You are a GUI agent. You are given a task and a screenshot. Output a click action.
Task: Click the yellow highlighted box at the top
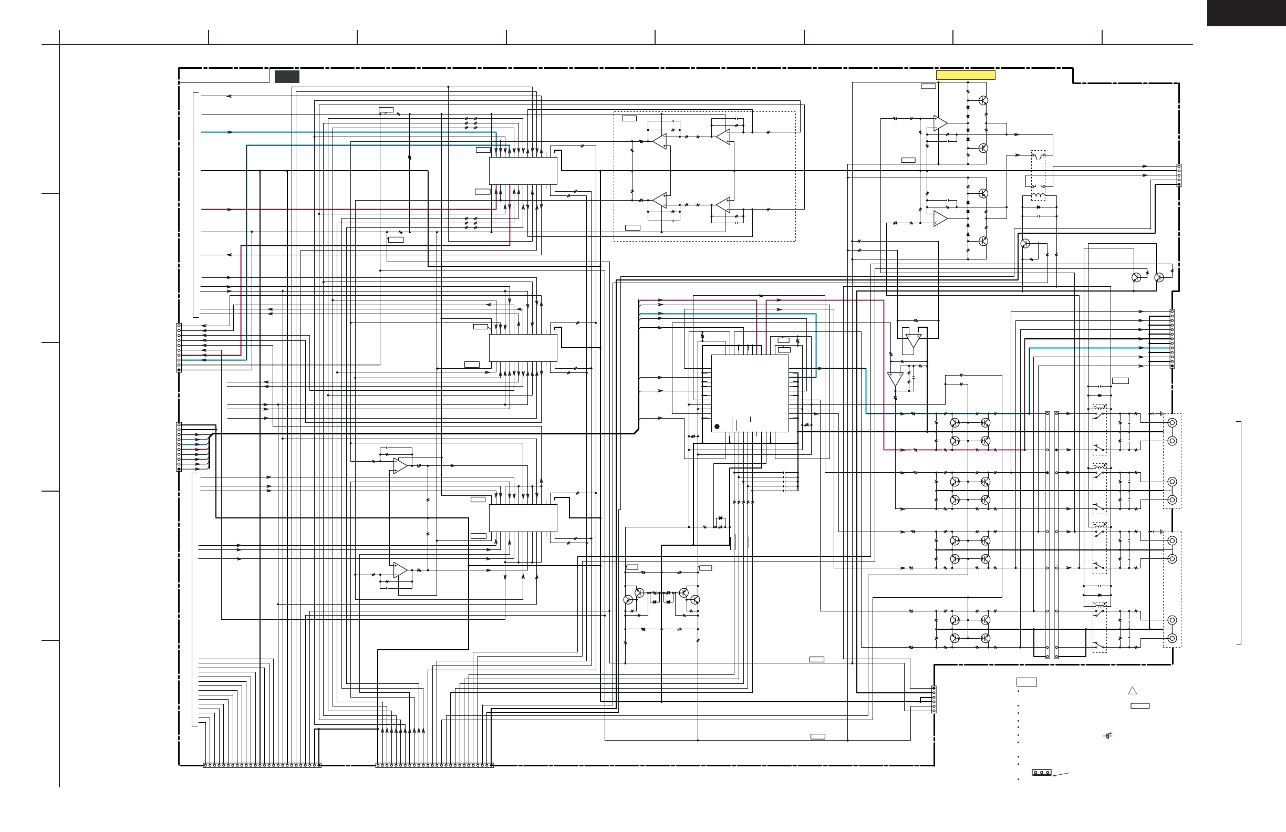point(965,75)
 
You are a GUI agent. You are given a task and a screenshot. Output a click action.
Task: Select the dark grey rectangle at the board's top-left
point(286,77)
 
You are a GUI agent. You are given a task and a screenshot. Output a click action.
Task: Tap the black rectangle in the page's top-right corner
point(1246,13)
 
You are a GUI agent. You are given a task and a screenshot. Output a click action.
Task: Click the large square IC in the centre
point(750,393)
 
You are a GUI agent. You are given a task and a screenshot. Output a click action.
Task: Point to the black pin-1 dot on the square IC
point(717,427)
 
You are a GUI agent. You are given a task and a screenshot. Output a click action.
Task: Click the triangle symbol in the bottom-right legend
point(1133,691)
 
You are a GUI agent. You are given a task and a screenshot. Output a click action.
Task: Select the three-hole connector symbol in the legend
point(1041,773)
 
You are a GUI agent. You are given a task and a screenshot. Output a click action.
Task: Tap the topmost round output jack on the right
point(1172,422)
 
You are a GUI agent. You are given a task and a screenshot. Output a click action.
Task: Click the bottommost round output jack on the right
point(1172,638)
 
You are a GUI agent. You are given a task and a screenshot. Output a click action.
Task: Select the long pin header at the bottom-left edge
point(262,765)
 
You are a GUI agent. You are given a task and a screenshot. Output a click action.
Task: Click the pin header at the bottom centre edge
point(434,765)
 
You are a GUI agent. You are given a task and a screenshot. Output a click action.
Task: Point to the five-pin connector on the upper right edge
point(1178,175)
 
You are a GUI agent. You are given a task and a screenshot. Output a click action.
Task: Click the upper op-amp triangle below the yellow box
point(940,123)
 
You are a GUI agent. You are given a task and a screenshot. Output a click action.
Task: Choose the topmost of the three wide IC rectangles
point(523,171)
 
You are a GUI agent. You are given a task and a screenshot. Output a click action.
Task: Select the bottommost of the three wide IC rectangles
point(523,518)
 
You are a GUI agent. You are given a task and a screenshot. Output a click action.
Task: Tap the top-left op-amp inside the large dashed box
point(659,141)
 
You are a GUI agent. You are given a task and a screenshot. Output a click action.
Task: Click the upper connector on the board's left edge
point(179,347)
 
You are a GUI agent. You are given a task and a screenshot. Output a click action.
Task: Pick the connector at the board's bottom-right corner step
point(934,699)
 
